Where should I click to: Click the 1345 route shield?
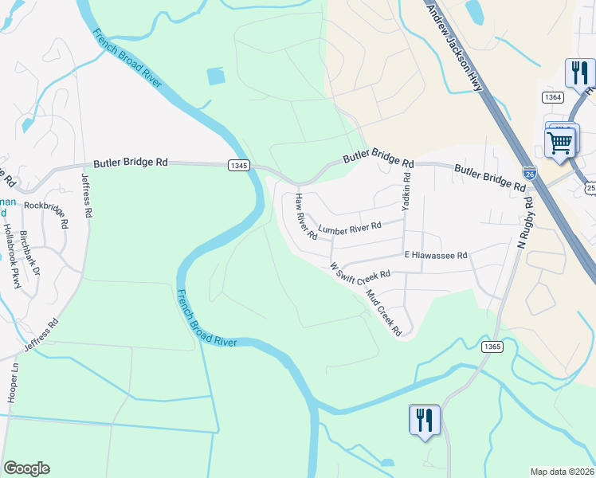238,165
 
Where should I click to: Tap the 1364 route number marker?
553,96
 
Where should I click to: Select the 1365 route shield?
492,346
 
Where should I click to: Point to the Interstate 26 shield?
530,173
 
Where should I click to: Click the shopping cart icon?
560,143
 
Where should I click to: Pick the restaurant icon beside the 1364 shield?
577,72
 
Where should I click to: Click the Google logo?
26,468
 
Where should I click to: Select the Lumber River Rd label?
350,228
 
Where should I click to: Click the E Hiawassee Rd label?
435,256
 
